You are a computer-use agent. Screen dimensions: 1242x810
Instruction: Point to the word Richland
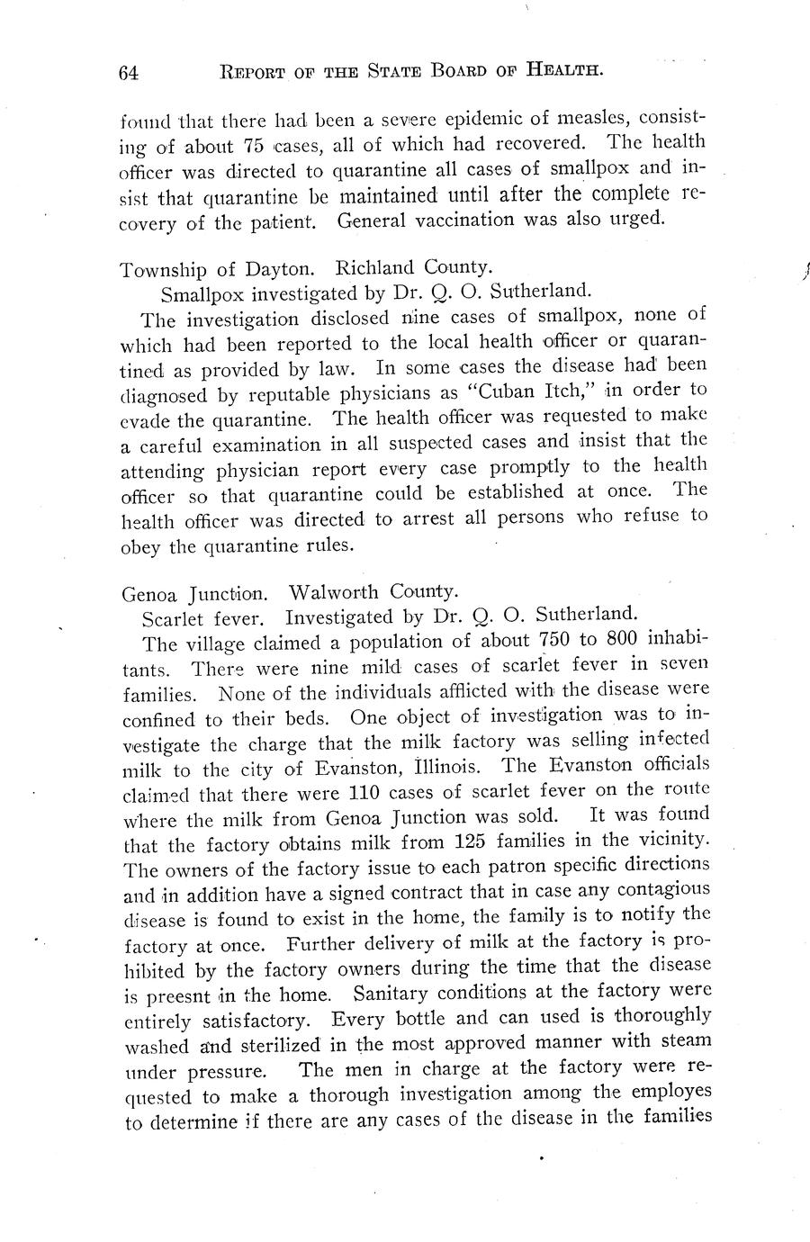(375, 267)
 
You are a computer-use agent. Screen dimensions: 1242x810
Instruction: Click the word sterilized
(278, 1046)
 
